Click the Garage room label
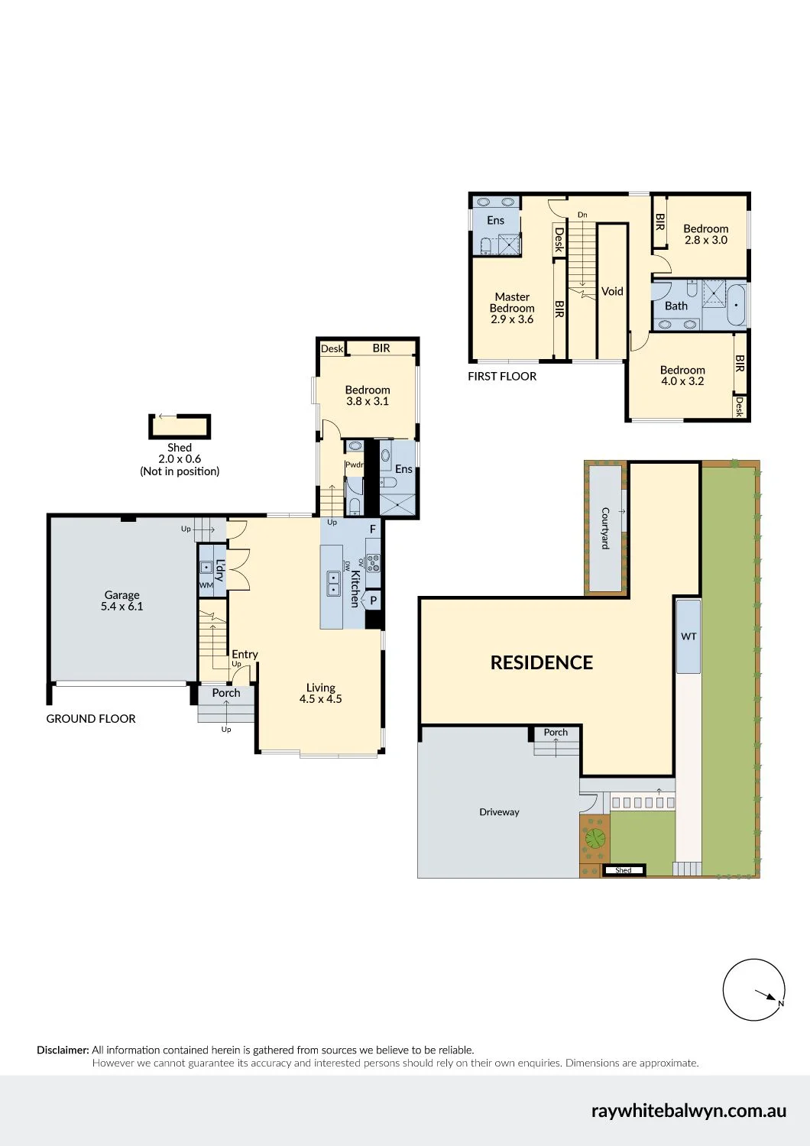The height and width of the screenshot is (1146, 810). pos(122,600)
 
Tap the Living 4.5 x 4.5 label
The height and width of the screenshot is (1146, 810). pos(320,693)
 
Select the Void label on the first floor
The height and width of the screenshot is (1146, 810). pos(612,291)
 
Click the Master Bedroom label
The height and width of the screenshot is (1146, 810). pos(512,308)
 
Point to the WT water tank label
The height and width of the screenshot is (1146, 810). pos(688,636)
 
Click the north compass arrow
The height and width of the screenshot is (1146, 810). pos(766,995)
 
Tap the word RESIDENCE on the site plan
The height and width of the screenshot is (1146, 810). pos(541,662)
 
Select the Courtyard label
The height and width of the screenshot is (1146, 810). pos(605,528)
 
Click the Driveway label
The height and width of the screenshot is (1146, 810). pos(499,812)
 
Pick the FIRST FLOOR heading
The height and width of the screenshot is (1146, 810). pos(502,376)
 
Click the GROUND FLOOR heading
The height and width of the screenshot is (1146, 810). pos(91,718)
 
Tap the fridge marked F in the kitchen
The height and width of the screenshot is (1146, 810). pos(372,529)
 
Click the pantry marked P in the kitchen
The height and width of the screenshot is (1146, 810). pos(373,600)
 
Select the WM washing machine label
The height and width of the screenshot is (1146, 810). pos(206,585)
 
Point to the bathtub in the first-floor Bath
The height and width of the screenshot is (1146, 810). pos(736,305)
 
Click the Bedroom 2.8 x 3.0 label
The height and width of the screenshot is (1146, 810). pos(705,235)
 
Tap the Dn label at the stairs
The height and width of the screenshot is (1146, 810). pos(582,215)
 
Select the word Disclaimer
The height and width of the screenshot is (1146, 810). pos(63,1050)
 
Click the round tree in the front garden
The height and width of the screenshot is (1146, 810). pos(595,838)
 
